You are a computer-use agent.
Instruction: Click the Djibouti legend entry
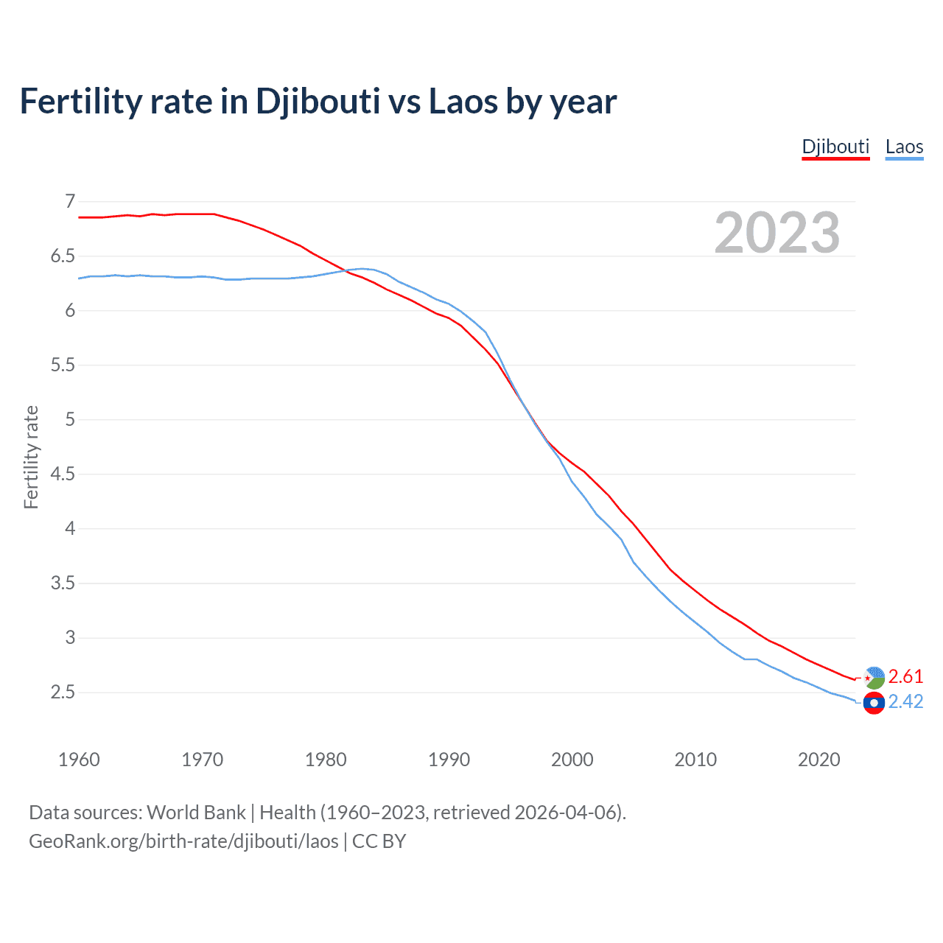pyautogui.click(x=835, y=147)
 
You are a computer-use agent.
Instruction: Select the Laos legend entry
pyautogui.click(x=904, y=147)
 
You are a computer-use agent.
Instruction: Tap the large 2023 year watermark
pyautogui.click(x=777, y=233)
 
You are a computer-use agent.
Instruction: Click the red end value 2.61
pyautogui.click(x=905, y=676)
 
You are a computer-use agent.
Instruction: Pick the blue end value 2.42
pyautogui.click(x=905, y=701)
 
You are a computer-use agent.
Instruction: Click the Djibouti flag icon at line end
pyautogui.click(x=874, y=678)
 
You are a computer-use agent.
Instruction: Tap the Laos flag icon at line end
pyautogui.click(x=874, y=704)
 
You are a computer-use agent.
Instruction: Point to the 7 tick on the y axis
pyautogui.click(x=70, y=201)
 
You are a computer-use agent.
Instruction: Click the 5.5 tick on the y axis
pyautogui.click(x=63, y=365)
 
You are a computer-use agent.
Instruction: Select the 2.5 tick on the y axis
pyautogui.click(x=63, y=692)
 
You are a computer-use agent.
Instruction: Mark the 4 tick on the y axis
pyautogui.click(x=70, y=528)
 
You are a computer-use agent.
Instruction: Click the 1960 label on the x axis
pyautogui.click(x=79, y=760)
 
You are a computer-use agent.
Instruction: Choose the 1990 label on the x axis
pyautogui.click(x=449, y=760)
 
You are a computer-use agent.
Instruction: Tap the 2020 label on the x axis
pyautogui.click(x=818, y=760)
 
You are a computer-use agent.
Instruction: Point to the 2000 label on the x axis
pyautogui.click(x=572, y=760)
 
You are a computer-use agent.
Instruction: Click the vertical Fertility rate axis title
pyautogui.click(x=31, y=457)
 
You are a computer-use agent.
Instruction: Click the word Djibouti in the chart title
pyautogui.click(x=318, y=102)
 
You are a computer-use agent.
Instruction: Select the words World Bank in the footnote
pyautogui.click(x=196, y=813)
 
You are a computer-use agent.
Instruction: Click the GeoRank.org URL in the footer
pyautogui.click(x=183, y=841)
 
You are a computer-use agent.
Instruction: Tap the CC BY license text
pyautogui.click(x=379, y=841)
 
